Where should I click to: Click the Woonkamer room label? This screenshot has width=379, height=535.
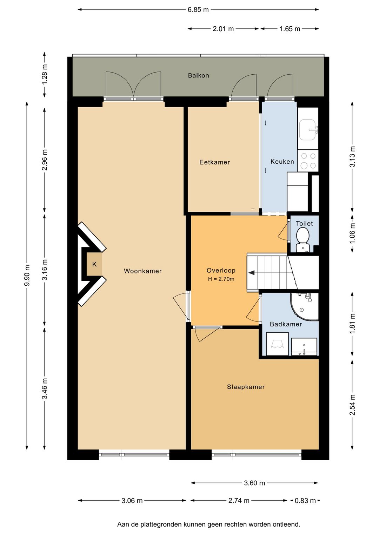143,271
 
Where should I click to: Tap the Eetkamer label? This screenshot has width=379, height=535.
214,162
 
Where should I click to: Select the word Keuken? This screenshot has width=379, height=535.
282,162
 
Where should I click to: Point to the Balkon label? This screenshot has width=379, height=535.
199,75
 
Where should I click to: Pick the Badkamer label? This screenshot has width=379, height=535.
286,324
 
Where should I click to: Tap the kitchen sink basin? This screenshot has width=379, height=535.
308,129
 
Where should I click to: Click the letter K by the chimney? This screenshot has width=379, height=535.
94,264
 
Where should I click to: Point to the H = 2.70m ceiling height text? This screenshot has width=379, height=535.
221,279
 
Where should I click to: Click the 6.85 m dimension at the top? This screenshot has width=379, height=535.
198,10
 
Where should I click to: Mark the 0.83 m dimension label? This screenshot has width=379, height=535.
305,501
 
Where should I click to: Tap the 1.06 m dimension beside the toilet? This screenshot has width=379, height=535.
352,233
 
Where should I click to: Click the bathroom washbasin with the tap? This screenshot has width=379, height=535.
304,346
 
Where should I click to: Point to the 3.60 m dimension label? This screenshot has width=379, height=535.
254,483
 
